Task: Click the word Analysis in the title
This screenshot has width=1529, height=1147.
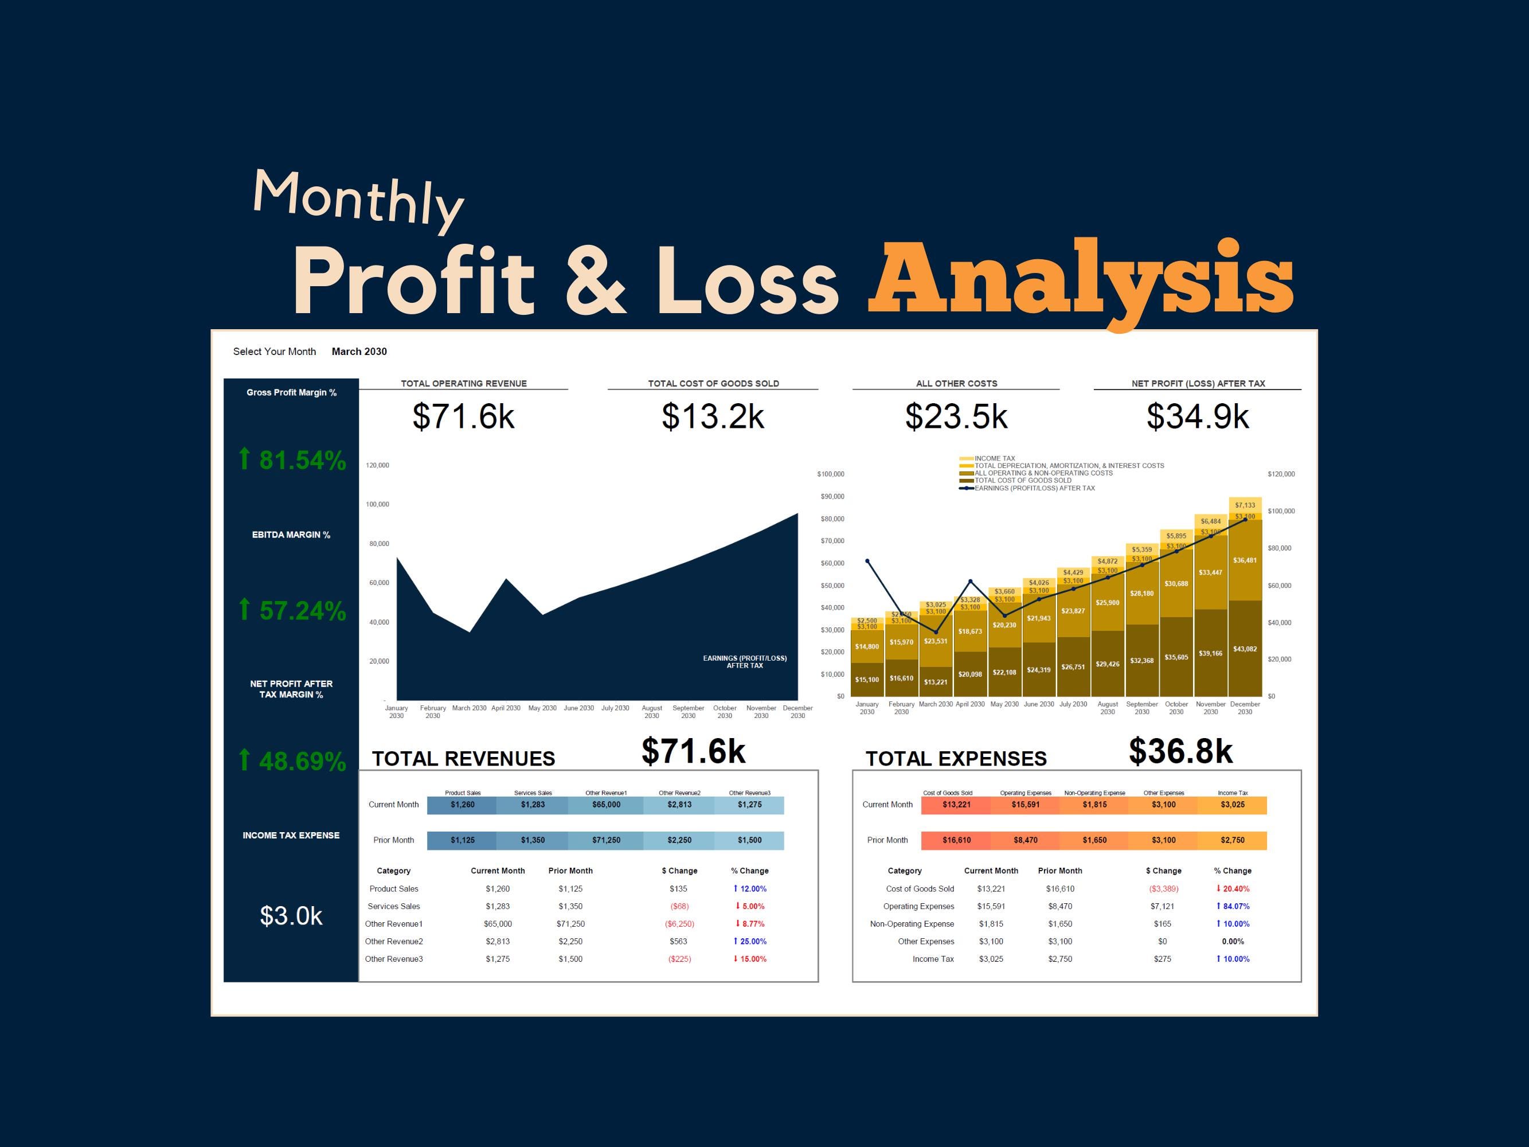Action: [1080, 280]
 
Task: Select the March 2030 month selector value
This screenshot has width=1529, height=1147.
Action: [359, 351]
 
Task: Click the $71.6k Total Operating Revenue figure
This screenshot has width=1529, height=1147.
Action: [463, 416]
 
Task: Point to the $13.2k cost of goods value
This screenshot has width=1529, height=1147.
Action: [713, 416]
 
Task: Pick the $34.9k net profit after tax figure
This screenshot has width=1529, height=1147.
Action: [1197, 416]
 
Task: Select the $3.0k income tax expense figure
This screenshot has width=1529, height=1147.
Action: [291, 915]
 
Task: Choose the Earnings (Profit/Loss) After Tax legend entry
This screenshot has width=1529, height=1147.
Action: [1034, 488]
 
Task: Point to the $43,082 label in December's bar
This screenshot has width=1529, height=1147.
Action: [1244, 649]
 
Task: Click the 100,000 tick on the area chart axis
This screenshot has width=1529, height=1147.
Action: [377, 505]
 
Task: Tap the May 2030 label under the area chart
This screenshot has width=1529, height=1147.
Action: [542, 708]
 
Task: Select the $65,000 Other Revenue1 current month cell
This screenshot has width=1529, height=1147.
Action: [606, 805]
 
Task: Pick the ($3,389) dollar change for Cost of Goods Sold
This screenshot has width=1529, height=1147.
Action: [1163, 889]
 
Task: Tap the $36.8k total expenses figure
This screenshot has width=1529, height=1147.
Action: [1180, 751]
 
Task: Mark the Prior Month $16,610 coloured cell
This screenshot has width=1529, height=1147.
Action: [956, 840]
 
